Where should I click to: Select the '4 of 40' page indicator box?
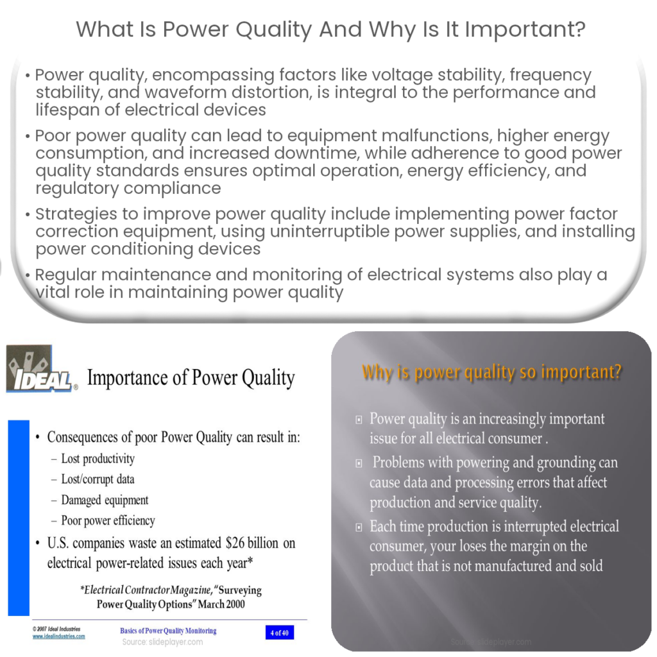coord(280,633)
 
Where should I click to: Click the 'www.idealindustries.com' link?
coord(58,636)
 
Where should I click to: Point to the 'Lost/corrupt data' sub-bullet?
coord(98,479)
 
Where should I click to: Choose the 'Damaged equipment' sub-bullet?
coord(105,500)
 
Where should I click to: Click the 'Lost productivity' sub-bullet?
coord(98,459)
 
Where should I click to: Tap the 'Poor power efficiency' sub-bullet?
coord(108,520)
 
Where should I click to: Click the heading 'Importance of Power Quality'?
coord(191,378)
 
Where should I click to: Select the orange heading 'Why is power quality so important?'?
coord(491,372)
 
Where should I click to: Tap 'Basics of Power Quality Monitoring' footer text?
coord(168,631)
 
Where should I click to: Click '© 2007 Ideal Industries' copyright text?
coord(56,629)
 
